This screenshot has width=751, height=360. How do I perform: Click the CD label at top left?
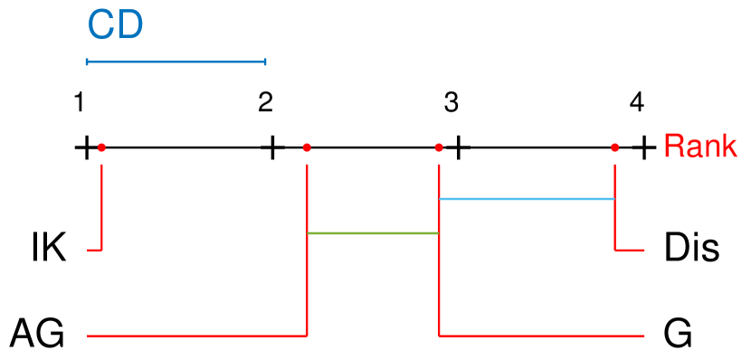[115, 26]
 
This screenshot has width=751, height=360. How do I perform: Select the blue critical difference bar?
[176, 62]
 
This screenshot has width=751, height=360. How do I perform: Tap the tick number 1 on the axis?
[80, 102]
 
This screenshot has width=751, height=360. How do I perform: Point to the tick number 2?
[265, 102]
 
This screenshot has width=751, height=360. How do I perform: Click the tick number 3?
[451, 102]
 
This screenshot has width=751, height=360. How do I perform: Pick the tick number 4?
[637, 102]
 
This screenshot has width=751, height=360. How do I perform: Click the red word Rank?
[700, 147]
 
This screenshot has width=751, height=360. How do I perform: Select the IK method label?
[49, 247]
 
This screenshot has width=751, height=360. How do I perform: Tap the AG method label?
[37, 334]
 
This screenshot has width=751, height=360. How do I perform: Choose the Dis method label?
[692, 247]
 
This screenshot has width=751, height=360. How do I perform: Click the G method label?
[678, 334]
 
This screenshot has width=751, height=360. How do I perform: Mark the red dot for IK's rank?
[101, 147]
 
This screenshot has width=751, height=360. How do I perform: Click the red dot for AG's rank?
[308, 147]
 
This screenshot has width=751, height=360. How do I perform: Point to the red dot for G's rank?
[439, 147]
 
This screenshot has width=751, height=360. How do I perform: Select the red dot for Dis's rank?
[615, 147]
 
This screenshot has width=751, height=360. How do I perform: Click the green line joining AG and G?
[373, 233]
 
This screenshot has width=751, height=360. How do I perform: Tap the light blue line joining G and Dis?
[527, 199]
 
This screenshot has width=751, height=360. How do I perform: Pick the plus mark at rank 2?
[271, 147]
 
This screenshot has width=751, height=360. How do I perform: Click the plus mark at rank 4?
[643, 147]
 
